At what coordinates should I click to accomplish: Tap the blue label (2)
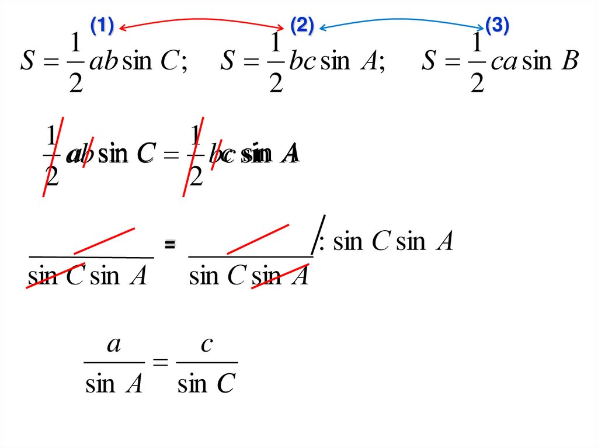[x=302, y=26]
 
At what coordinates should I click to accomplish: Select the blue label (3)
[x=498, y=26]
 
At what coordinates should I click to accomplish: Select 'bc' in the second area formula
[x=303, y=61]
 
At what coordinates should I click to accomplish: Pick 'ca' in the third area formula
[x=504, y=61]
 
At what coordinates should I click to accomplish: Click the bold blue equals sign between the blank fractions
[x=170, y=245]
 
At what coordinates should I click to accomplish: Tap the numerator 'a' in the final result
[x=114, y=345]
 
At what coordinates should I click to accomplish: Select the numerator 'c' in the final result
[x=206, y=345]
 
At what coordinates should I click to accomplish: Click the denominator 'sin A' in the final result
[x=114, y=384]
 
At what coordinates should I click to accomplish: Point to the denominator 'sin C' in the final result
[x=206, y=384]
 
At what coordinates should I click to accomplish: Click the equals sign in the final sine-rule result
[x=159, y=363]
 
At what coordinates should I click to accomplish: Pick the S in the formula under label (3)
[x=429, y=61]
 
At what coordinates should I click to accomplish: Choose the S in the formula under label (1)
[x=27, y=61]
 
